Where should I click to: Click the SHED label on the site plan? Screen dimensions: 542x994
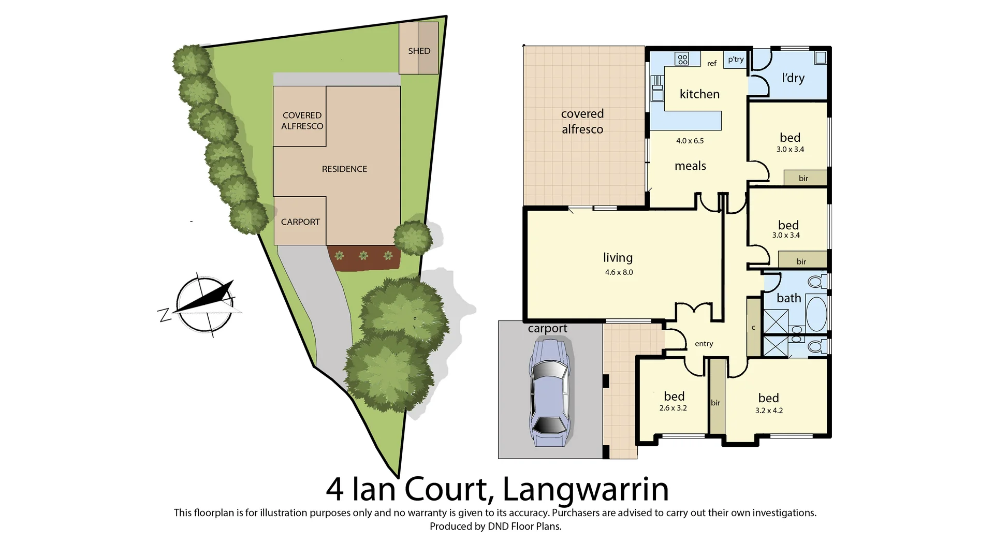(419, 51)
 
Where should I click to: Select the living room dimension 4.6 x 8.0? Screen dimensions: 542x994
(619, 272)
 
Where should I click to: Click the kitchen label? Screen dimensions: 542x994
(699, 94)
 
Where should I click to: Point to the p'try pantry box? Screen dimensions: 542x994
(735, 59)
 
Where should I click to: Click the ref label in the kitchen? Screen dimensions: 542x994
(712, 64)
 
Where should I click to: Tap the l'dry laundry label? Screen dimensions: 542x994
(793, 78)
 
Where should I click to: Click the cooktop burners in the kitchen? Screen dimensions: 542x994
(682, 59)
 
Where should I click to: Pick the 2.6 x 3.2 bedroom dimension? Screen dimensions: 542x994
(673, 408)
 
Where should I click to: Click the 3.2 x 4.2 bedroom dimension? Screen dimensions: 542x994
(769, 411)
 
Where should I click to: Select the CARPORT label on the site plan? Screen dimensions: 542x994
(300, 222)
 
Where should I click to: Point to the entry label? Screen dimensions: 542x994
(704, 344)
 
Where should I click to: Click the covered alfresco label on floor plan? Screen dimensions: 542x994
(582, 121)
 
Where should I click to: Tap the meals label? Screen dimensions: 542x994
(690, 166)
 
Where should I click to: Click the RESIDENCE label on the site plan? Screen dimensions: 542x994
(344, 169)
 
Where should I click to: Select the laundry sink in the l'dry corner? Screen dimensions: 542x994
(820, 57)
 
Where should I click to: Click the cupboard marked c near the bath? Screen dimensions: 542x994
(753, 327)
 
